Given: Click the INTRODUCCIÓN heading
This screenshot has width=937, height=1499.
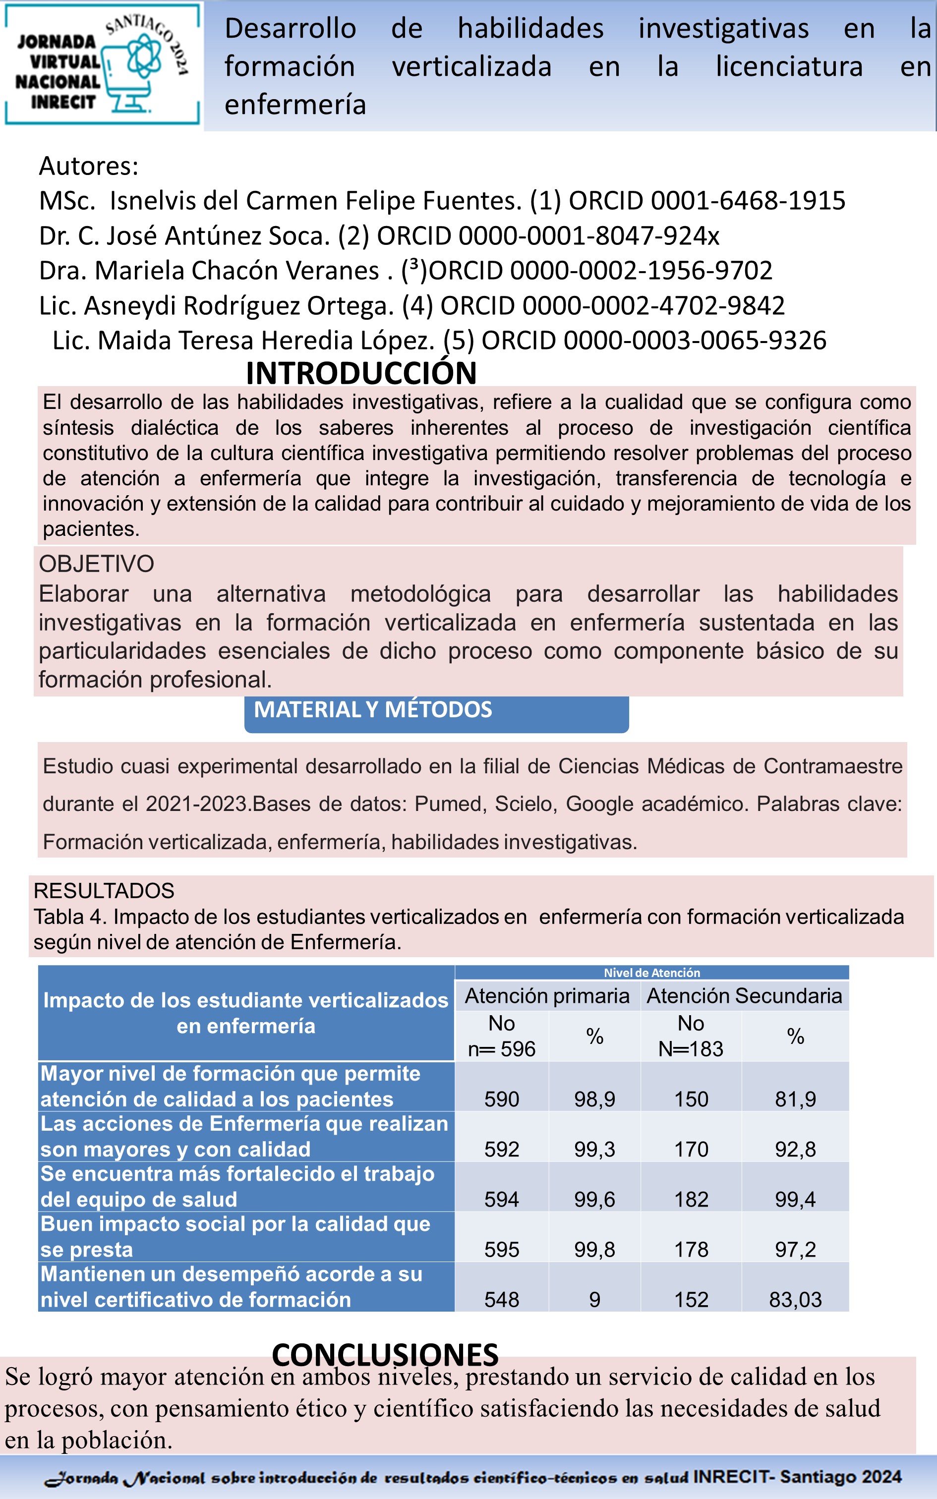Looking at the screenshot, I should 361,373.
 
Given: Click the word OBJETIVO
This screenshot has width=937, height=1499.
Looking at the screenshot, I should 97,564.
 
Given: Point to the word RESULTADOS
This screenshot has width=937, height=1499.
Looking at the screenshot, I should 104,890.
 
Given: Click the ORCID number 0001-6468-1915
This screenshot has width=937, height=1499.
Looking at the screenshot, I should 748,201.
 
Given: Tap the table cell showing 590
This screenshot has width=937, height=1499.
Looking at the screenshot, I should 501,1099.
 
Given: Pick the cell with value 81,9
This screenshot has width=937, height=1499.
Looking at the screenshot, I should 795,1099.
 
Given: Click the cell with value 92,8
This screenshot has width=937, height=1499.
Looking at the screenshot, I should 795,1149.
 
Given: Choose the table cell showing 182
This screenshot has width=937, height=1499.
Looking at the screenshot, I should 691,1199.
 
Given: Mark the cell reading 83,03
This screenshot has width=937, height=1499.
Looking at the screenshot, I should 795,1300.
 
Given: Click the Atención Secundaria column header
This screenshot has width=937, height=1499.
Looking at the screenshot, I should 744,995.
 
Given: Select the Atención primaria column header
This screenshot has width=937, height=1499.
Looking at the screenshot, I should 547,995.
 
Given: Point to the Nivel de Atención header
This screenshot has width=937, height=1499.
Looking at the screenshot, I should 652,973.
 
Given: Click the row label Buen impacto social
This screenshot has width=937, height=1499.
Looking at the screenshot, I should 235,1236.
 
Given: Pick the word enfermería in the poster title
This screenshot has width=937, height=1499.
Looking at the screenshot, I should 295,105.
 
